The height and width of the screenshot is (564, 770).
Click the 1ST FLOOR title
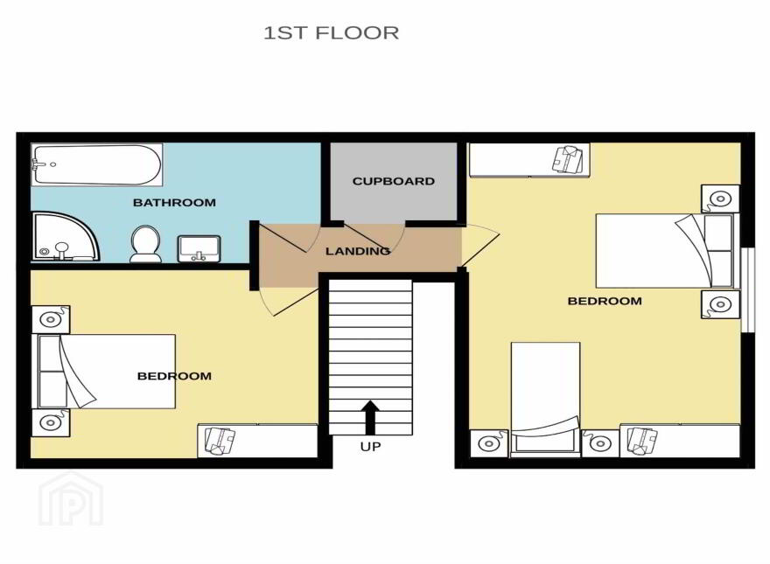point(332,33)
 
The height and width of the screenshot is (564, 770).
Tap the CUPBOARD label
point(394,181)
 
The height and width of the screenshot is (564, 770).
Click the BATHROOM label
point(174,202)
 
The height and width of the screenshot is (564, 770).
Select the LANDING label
point(358,251)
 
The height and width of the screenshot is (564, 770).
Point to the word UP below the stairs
point(370,447)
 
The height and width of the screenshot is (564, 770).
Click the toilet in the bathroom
point(146,243)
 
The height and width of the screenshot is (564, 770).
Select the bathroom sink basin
point(199,248)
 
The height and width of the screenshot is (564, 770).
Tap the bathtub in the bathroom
point(97,164)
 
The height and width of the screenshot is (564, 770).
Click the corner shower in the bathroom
point(66,236)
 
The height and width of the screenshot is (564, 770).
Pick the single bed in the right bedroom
point(546,399)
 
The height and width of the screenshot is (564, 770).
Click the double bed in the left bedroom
point(103,371)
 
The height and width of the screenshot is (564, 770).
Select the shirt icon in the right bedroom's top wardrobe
point(570,158)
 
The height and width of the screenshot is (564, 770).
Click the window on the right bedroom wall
point(748,290)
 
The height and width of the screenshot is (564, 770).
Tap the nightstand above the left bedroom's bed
point(51,319)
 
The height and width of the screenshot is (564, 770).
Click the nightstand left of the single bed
point(489,443)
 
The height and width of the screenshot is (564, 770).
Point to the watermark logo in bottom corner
point(71,498)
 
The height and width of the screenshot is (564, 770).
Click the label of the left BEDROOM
point(174,376)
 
